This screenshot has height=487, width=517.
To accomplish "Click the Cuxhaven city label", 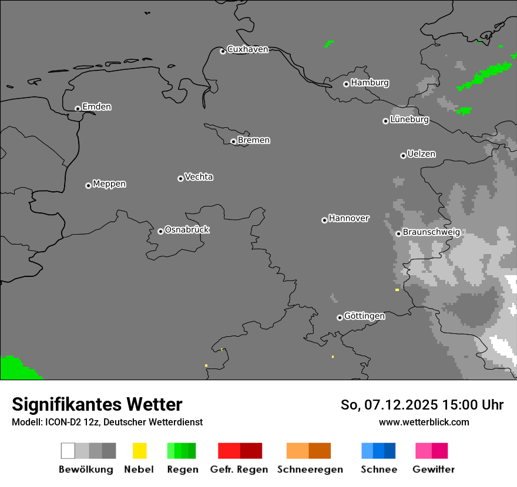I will (247, 49).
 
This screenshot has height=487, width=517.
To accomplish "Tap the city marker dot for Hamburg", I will (346, 84).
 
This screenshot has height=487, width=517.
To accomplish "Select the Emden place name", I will (96, 107).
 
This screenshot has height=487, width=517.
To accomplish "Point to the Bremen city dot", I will (233, 141).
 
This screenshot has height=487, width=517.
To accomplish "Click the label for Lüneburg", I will (409, 119).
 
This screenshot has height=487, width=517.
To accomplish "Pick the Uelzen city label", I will (421, 154).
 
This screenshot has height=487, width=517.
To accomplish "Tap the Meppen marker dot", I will (88, 185).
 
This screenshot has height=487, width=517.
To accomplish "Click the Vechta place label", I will (199, 177).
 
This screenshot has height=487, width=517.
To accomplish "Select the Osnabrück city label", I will (187, 229).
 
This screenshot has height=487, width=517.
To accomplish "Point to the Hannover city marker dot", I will (324, 220).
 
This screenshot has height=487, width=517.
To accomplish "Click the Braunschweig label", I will (431, 232).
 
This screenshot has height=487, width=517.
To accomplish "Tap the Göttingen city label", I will (364, 316).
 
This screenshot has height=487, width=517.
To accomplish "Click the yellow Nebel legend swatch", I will (139, 451).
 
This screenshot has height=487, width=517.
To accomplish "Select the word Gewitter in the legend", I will (434, 469).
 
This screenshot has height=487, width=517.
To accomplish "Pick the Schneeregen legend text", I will (310, 469).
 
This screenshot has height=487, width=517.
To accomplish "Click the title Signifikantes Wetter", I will (97, 404).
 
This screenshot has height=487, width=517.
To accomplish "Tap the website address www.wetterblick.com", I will (424, 422).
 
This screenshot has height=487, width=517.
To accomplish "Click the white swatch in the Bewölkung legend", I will (68, 451).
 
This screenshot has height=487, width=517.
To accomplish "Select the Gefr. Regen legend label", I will (239, 469).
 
